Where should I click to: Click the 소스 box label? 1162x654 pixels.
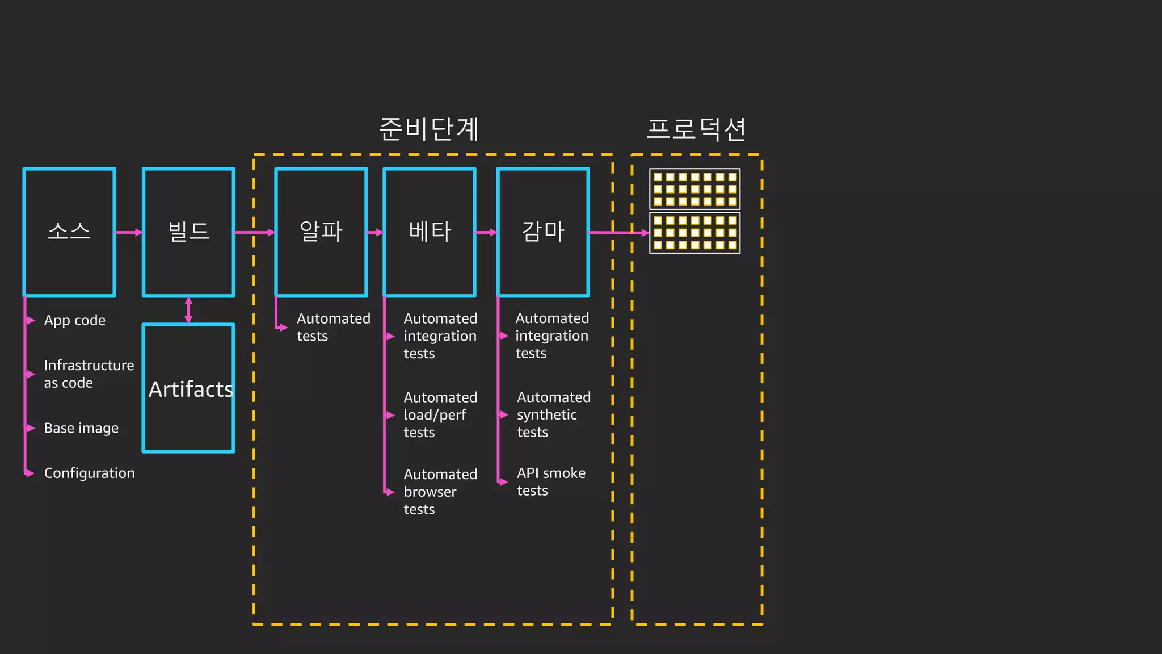pyautogui.click(x=69, y=232)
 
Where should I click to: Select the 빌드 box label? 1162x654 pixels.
pyautogui.click(x=189, y=232)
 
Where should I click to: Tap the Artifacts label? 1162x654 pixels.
pyautogui.click(x=191, y=389)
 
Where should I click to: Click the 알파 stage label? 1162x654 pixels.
pyautogui.click(x=321, y=232)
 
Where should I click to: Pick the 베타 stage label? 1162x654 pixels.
pyautogui.click(x=430, y=232)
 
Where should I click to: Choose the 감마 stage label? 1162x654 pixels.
pyautogui.click(x=543, y=232)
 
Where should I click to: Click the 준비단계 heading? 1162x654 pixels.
pyautogui.click(x=430, y=129)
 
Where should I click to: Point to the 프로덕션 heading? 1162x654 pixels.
pyautogui.click(x=696, y=129)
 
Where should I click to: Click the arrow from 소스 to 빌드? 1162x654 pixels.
pyautogui.click(x=129, y=232)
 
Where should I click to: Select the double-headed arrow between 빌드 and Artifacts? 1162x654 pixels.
pyautogui.click(x=189, y=310)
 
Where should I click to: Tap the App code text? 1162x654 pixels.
pyautogui.click(x=75, y=321)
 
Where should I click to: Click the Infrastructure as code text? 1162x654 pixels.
pyautogui.click(x=89, y=374)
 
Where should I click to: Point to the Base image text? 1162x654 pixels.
pyautogui.click(x=81, y=428)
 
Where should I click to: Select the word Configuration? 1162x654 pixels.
pyautogui.click(x=90, y=473)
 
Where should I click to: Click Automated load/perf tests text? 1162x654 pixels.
pyautogui.click(x=440, y=415)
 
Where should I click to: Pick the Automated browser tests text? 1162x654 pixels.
pyautogui.click(x=440, y=492)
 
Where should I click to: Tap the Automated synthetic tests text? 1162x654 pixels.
pyautogui.click(x=553, y=415)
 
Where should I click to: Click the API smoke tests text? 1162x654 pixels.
pyautogui.click(x=550, y=482)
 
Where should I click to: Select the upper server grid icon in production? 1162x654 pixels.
pyautogui.click(x=694, y=189)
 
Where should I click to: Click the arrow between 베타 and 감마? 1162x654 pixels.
pyautogui.click(x=486, y=232)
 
